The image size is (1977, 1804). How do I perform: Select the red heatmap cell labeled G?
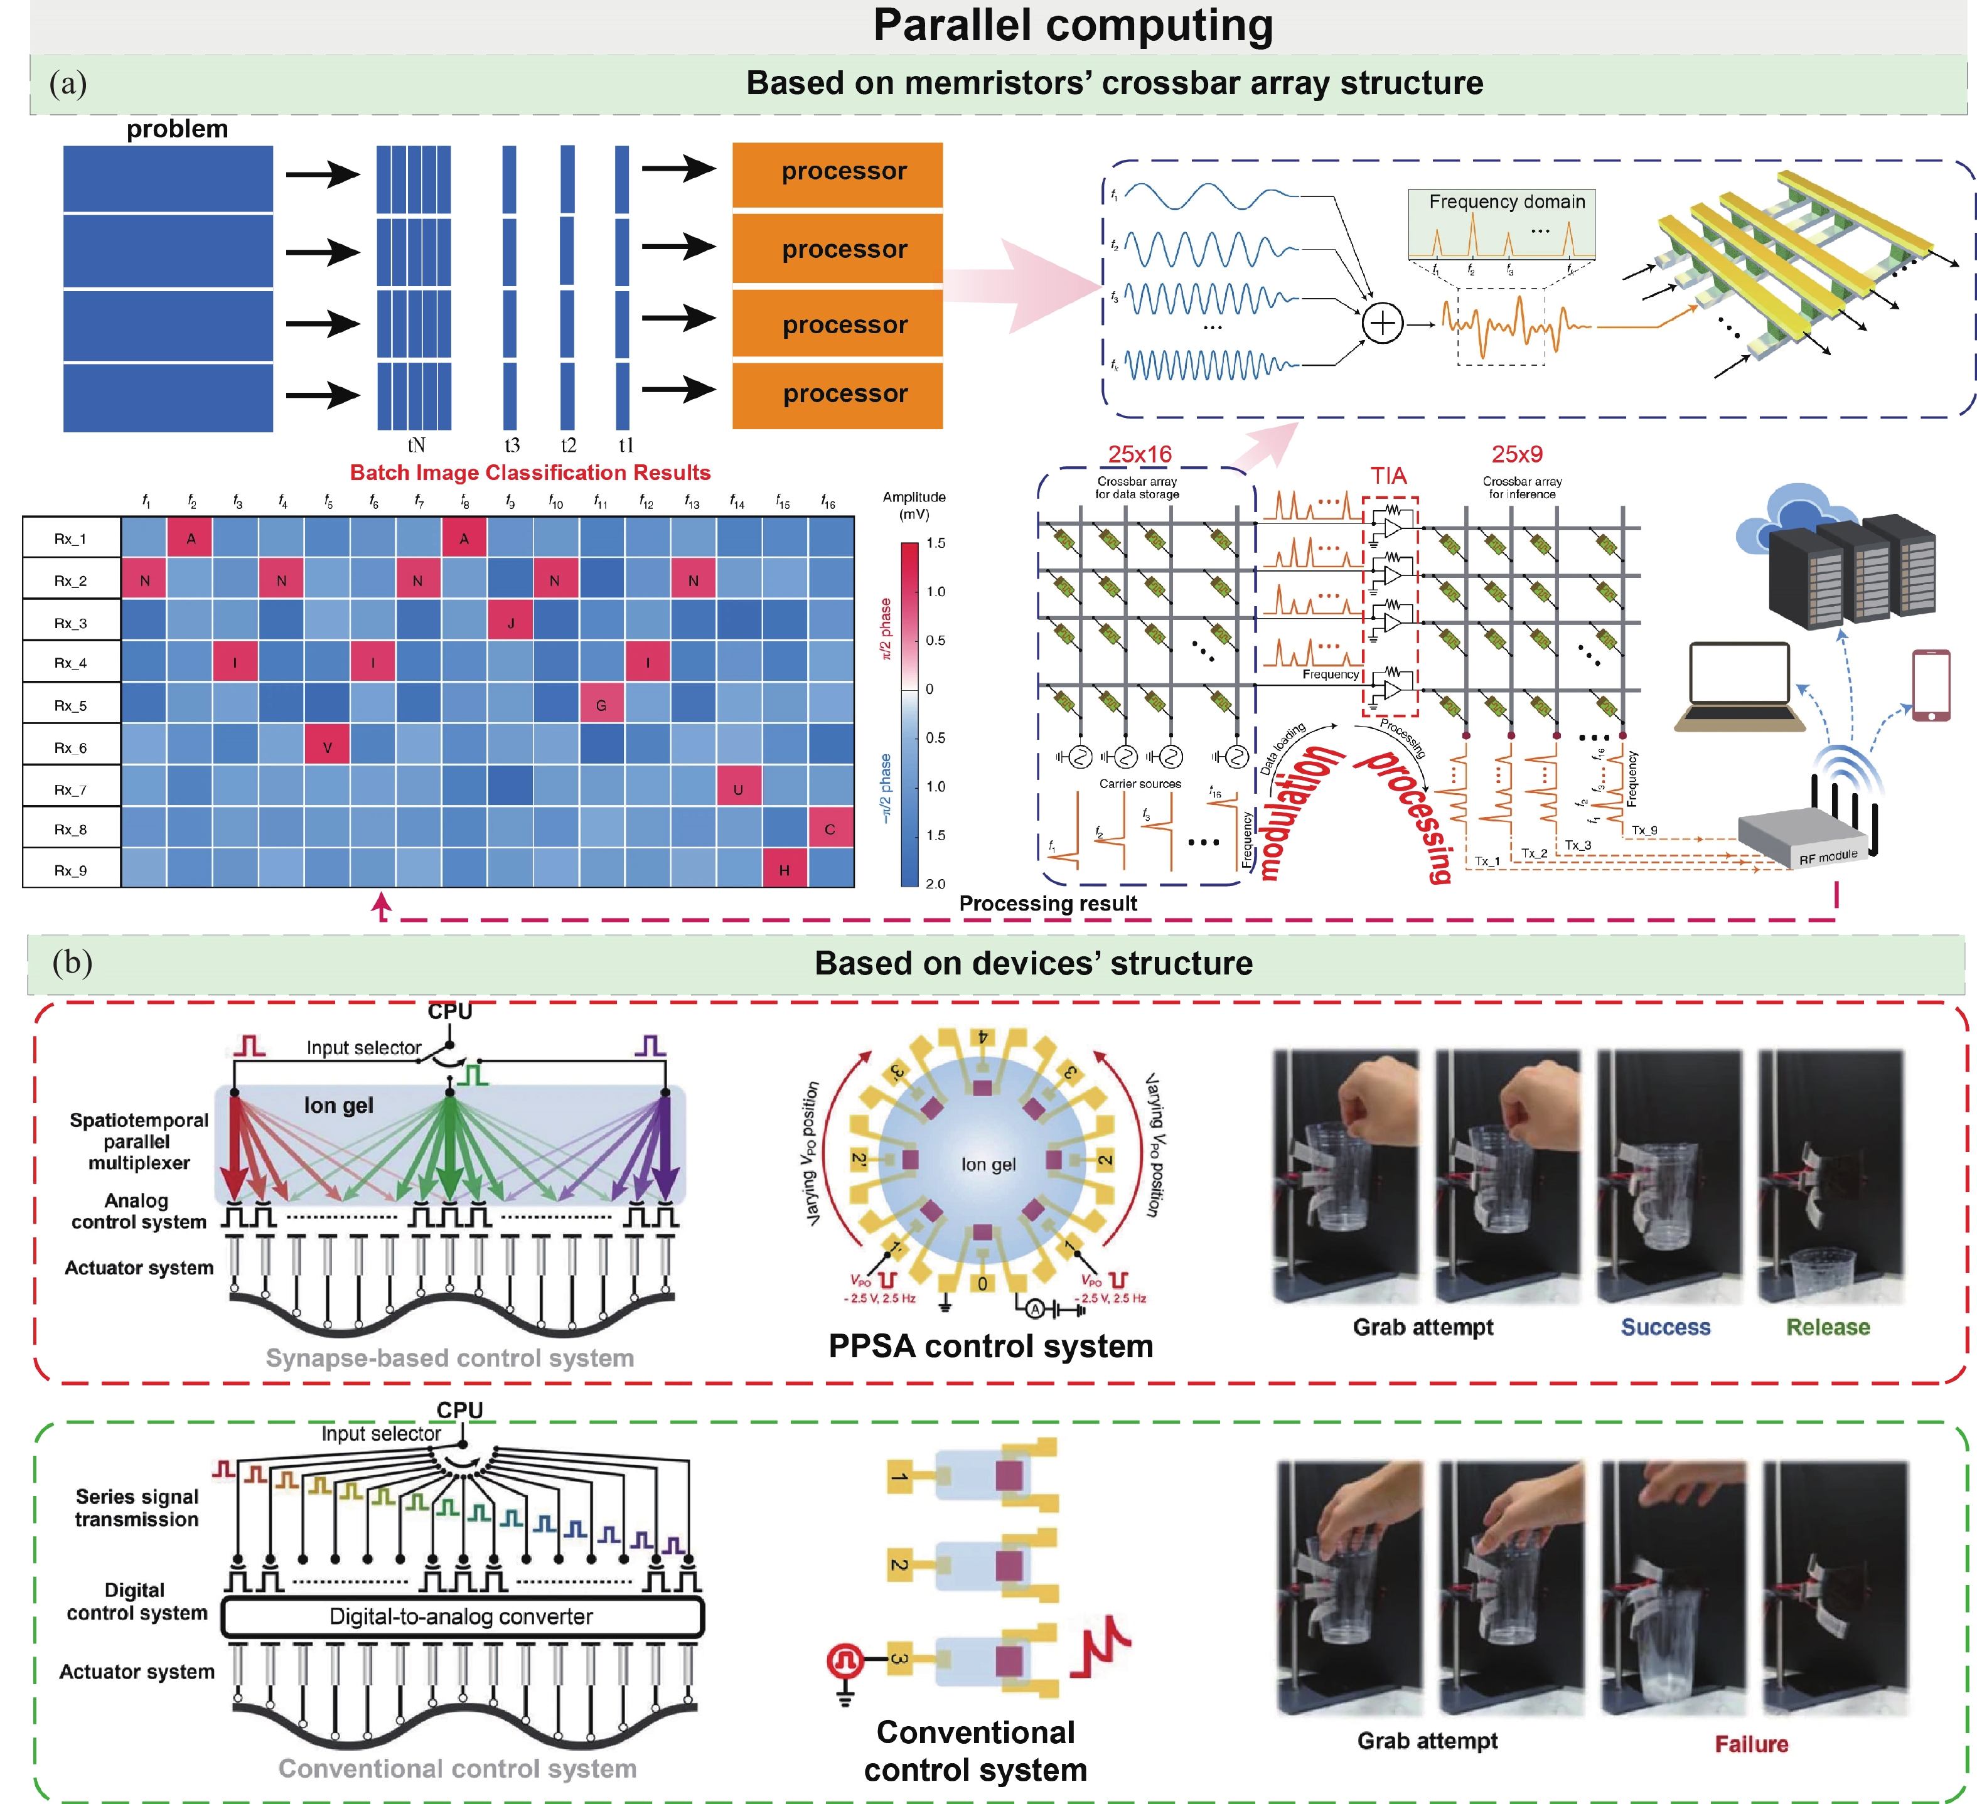coord(601,705)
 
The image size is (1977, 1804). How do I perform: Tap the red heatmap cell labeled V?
coord(328,747)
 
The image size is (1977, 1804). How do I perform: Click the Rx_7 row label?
coord(70,789)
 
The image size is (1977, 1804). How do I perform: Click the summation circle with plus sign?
coord(1382,323)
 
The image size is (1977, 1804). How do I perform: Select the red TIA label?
coord(1388,476)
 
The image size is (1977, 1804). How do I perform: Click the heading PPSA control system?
coord(990,1346)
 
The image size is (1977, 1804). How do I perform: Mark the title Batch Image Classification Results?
coord(530,472)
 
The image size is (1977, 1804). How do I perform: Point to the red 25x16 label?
coord(1140,454)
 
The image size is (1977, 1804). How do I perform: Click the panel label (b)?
coord(72,962)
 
